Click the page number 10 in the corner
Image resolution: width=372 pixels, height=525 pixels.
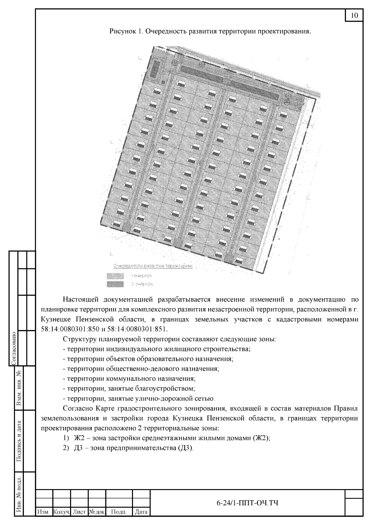[x=354, y=16]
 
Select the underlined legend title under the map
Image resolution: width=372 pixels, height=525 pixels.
[x=153, y=266]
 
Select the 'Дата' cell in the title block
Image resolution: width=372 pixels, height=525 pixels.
[x=141, y=512]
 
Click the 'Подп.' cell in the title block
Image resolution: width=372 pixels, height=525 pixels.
[x=119, y=512]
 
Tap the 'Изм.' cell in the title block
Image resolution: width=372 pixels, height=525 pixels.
[x=44, y=512]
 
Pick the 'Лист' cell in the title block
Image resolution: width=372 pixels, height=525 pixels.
[x=79, y=512]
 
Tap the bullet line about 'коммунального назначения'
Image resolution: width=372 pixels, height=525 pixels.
[x=129, y=379]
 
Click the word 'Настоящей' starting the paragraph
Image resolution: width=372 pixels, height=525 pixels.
[x=80, y=299]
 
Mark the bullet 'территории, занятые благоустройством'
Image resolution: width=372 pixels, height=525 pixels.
[x=129, y=389]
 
